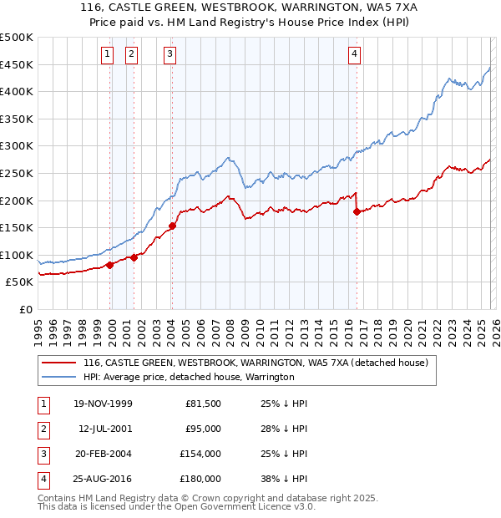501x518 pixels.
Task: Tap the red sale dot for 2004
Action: [x=172, y=226]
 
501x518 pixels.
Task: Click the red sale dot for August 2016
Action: [x=357, y=211]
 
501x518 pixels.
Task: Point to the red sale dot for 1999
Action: [x=110, y=265]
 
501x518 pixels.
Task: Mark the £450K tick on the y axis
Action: [x=18, y=64]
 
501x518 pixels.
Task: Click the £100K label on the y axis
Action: [x=18, y=255]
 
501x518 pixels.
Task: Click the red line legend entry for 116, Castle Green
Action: [x=256, y=363]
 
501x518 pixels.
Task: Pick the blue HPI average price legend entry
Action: [x=189, y=377]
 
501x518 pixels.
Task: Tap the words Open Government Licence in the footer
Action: [x=248, y=506]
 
